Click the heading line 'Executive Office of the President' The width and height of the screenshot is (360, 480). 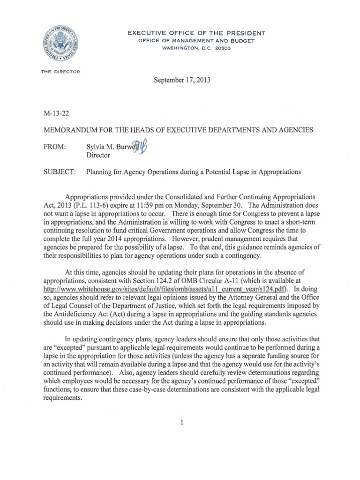pyautogui.click(x=197, y=33)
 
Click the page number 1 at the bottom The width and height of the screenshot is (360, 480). pyautogui.click(x=180, y=422)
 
